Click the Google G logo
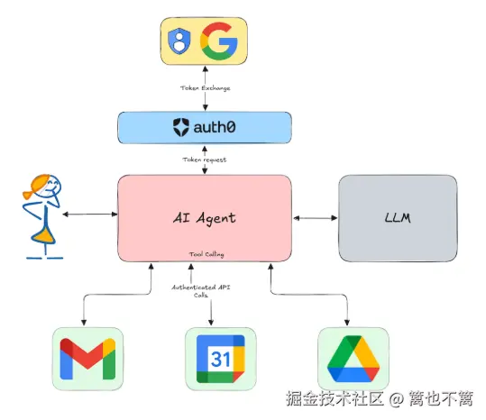pyautogui.click(x=218, y=41)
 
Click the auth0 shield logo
pyautogui.click(x=180, y=128)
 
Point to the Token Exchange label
pyautogui.click(x=205, y=89)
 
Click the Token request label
pyautogui.click(x=205, y=160)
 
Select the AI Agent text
pyautogui.click(x=205, y=218)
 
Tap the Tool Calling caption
pyautogui.click(x=205, y=253)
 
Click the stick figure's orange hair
pyautogui.click(x=41, y=188)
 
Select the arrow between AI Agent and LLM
pyautogui.click(x=315, y=217)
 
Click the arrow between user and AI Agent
pyautogui.click(x=88, y=215)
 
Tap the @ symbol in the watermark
pyautogui.click(x=396, y=397)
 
